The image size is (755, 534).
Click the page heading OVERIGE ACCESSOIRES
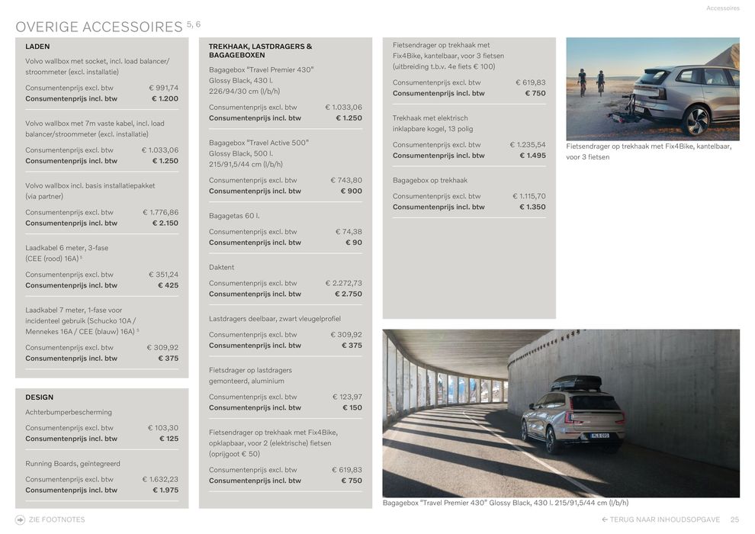pos(99,27)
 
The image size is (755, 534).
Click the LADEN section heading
pos(37,47)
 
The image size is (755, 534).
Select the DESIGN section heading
pos(40,397)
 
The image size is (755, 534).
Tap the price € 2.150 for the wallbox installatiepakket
pos(165,224)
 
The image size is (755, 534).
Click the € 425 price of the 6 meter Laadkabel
pos(168,285)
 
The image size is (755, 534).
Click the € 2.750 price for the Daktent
pos(349,294)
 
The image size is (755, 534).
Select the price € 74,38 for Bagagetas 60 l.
pos(349,232)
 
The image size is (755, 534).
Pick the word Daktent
pos(222,268)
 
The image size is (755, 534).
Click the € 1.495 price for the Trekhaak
pos(532,156)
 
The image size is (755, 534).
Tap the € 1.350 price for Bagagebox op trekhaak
pos(532,207)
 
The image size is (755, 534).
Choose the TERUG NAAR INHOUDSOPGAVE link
pos(661,520)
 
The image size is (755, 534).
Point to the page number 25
pos(734,520)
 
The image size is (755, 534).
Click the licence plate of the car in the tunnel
pos(599,436)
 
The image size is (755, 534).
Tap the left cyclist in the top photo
pos(582,80)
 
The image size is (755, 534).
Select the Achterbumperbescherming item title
pos(69,413)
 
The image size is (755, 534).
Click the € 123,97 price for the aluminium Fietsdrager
pos(348,397)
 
